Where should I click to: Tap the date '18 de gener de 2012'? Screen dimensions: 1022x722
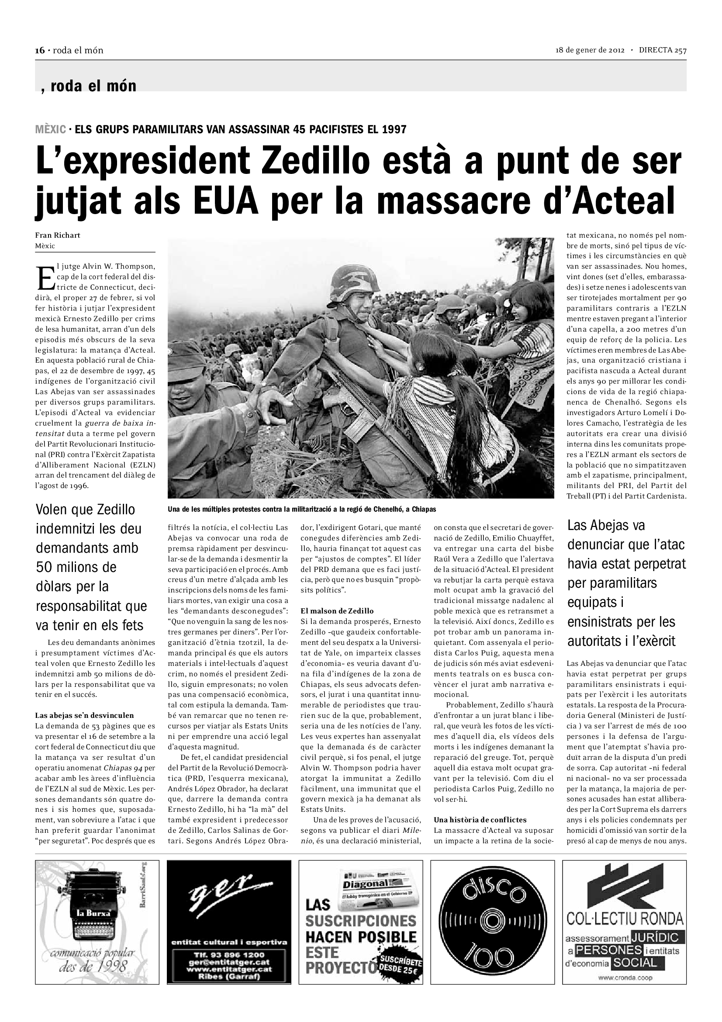(591, 50)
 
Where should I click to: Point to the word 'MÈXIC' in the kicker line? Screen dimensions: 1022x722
(51, 129)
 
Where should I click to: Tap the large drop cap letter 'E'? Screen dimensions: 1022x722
(45, 278)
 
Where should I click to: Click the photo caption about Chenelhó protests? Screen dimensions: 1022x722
(302, 509)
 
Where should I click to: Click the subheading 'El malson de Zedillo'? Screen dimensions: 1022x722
(337, 611)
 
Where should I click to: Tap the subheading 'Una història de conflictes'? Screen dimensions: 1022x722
(480, 819)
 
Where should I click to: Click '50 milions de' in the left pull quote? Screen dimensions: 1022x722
(76, 567)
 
